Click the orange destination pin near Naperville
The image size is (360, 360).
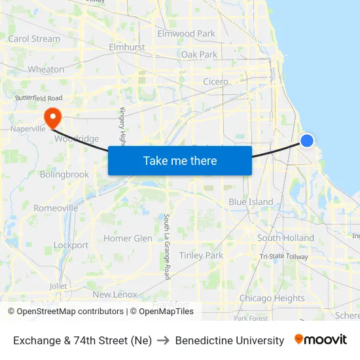pyautogui.click(x=52, y=117)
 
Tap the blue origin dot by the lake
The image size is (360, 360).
pyautogui.click(x=306, y=140)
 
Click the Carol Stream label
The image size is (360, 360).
pyautogui.click(x=34, y=39)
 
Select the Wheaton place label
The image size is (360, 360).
pyautogui.click(x=46, y=69)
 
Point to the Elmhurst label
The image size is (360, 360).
pyautogui.click(x=126, y=47)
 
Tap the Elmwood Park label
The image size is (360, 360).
pyautogui.click(x=186, y=33)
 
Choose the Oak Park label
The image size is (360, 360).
pyautogui.click(x=199, y=54)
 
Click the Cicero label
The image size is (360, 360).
pyautogui.click(x=215, y=82)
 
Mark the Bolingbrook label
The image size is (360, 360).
pyautogui.click(x=64, y=175)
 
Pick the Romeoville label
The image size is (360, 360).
pyautogui.click(x=56, y=208)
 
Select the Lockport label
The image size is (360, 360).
pyautogui.click(x=71, y=245)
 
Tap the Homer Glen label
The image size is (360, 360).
pyautogui.click(x=128, y=238)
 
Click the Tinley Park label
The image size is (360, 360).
pyautogui.click(x=201, y=255)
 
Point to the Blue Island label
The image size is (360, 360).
pyautogui.click(x=251, y=202)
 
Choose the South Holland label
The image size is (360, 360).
pyautogui.click(x=285, y=238)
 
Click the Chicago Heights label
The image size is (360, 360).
pyautogui.click(x=272, y=298)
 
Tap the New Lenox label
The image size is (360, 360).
pyautogui.click(x=115, y=295)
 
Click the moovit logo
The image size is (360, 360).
pyautogui.click(x=321, y=340)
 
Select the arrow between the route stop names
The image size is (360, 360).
pyautogui.click(x=163, y=340)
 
